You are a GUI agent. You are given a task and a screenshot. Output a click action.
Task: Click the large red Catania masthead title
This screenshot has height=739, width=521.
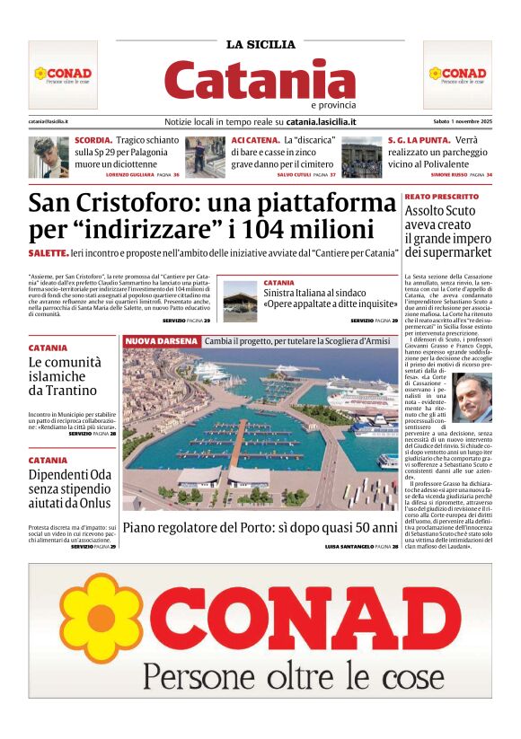(x=260, y=80)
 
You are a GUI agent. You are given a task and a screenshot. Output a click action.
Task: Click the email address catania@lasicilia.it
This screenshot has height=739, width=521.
(x=49, y=121)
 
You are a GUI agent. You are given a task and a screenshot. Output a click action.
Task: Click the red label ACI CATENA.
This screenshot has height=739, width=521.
(x=254, y=141)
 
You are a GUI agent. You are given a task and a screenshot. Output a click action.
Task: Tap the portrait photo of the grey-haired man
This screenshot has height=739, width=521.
(x=472, y=399)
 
